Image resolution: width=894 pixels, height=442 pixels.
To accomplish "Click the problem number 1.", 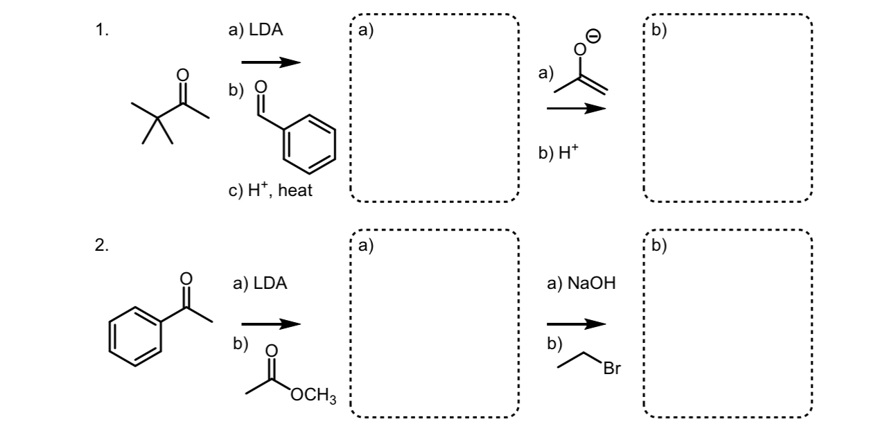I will tap(101, 30).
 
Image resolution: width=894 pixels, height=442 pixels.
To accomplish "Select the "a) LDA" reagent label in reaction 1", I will tap(256, 30).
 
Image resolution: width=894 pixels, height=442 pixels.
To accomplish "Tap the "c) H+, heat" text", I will tap(270, 191).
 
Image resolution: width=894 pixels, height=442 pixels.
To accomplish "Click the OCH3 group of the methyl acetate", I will tap(313, 397).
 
